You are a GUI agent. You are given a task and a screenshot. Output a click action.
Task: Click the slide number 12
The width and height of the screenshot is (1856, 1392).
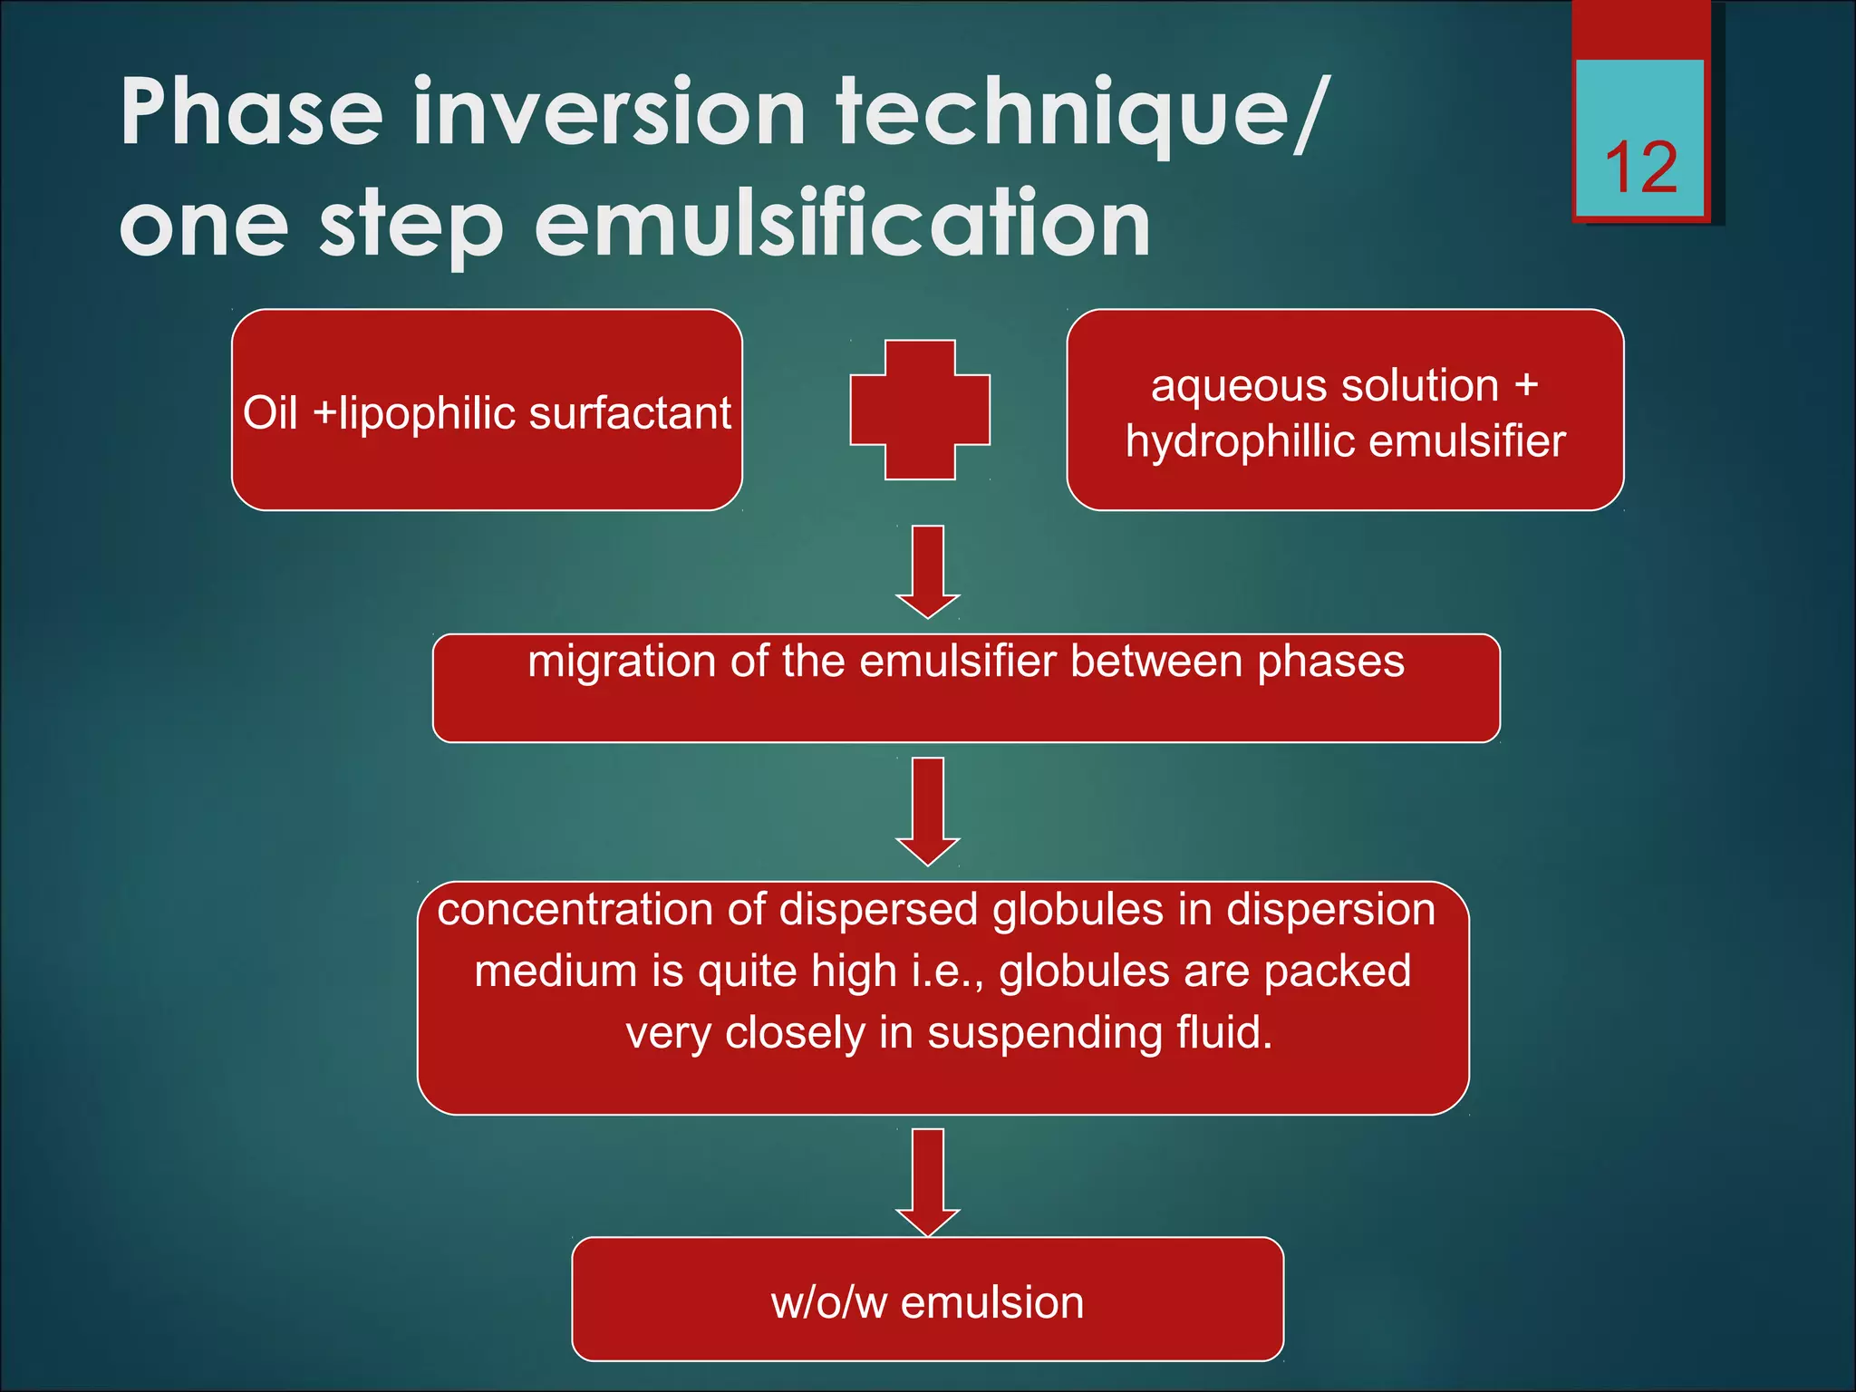(x=1640, y=168)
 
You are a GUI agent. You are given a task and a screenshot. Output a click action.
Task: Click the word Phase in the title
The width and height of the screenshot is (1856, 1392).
(x=252, y=112)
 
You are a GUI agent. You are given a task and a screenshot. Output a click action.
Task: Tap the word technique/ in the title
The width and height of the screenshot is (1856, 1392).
(x=1083, y=114)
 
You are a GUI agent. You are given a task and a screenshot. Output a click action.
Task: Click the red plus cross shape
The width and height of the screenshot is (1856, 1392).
(x=920, y=410)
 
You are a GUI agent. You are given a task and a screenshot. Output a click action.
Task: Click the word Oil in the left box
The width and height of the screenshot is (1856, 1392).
(x=269, y=414)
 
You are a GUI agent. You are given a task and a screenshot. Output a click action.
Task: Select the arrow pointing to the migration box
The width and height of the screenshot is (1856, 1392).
(x=927, y=572)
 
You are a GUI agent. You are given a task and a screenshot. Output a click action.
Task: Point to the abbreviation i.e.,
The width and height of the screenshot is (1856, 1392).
(x=947, y=971)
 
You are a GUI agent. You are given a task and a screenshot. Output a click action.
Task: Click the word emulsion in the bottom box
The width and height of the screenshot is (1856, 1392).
(x=992, y=1303)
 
